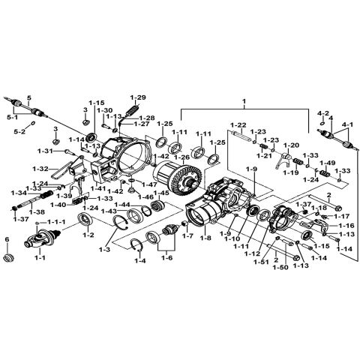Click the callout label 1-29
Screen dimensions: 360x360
click(x=137, y=98)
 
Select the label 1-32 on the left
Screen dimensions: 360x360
click(x=40, y=168)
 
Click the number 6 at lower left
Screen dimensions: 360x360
click(x=7, y=239)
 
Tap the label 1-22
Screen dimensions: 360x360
click(x=238, y=124)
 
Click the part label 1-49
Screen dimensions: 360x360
click(x=327, y=163)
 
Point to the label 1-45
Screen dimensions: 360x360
click(x=160, y=193)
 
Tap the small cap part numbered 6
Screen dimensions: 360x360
click(x=10, y=258)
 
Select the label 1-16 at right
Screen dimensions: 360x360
click(x=346, y=225)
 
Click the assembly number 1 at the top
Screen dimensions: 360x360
click(x=243, y=100)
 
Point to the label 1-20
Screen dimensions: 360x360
click(x=292, y=145)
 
